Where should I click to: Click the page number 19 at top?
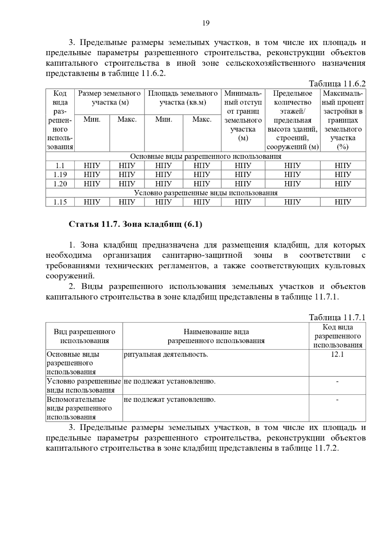click(206, 23)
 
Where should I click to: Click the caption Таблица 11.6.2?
click(337, 84)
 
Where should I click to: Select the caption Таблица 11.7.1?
click(337, 318)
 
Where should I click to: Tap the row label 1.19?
click(60, 175)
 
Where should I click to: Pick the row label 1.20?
click(60, 184)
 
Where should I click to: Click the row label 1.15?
click(60, 202)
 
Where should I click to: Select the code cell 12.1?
click(337, 354)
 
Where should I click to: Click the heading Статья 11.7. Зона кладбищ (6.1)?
click(135, 224)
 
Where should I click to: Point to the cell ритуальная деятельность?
click(166, 354)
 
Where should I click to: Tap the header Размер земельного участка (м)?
click(109, 98)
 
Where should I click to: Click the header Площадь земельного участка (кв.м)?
click(183, 98)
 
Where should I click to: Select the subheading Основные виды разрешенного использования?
click(205, 156)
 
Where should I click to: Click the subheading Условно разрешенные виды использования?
click(205, 193)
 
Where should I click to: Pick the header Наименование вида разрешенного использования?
click(216, 336)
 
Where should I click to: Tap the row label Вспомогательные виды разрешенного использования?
click(79, 408)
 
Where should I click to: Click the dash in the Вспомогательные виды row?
click(337, 399)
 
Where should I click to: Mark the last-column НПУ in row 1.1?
click(343, 166)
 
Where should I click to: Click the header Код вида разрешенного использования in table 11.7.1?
click(338, 336)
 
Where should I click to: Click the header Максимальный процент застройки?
click(343, 120)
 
